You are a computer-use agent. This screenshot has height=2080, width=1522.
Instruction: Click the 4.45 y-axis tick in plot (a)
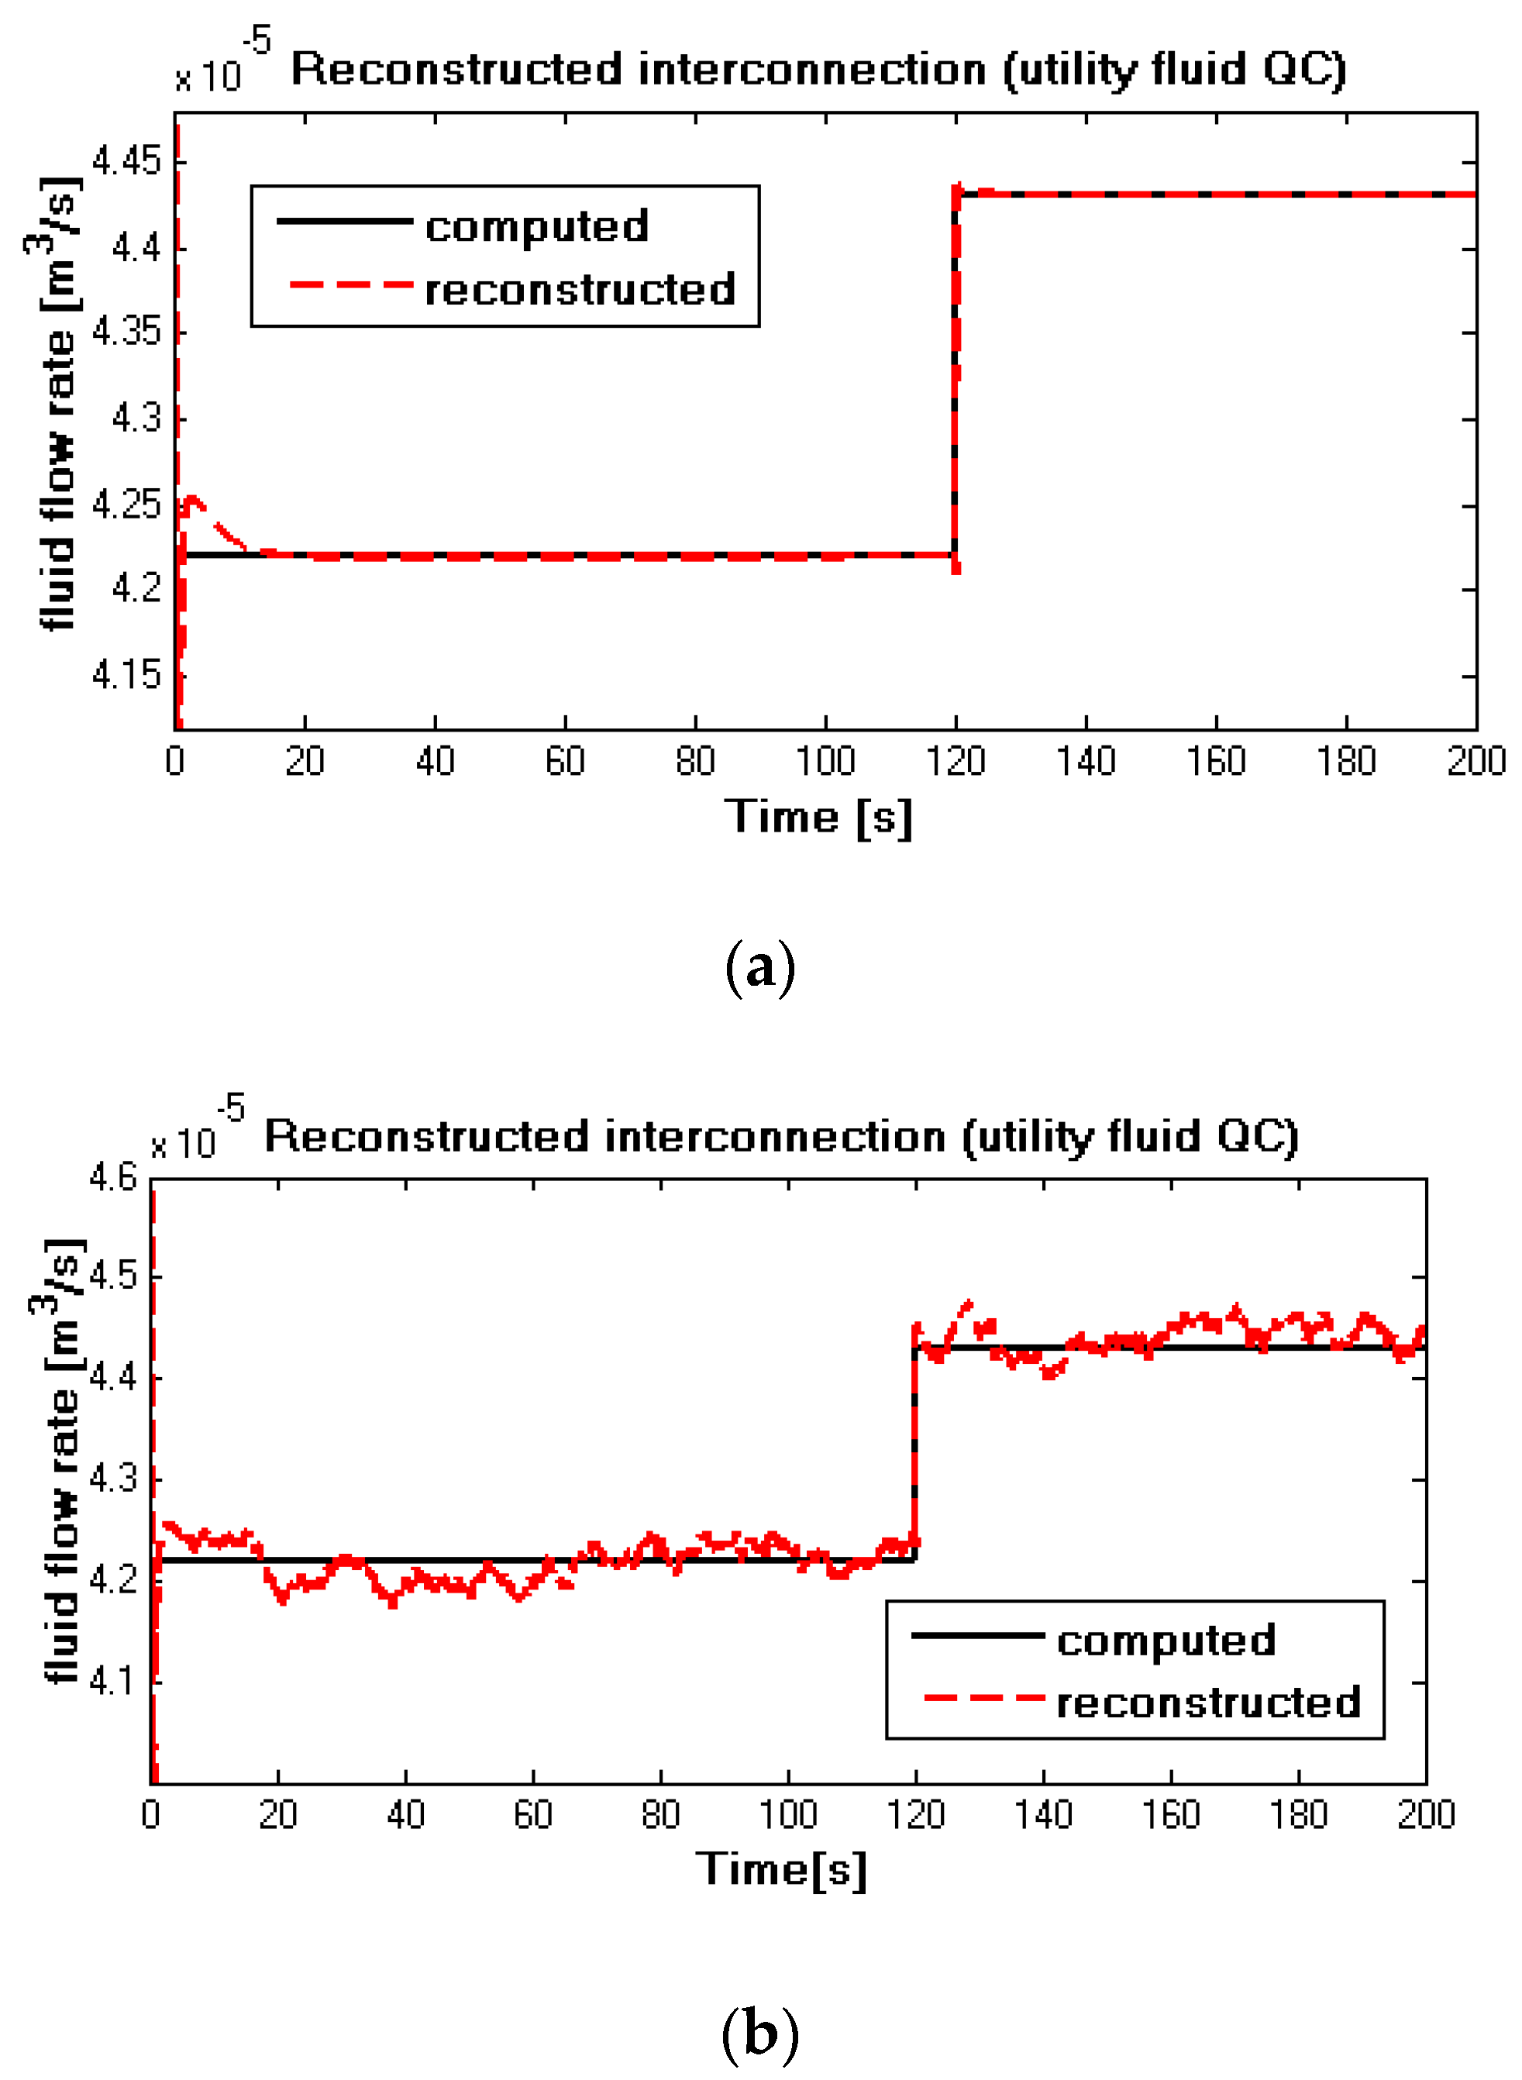[126, 163]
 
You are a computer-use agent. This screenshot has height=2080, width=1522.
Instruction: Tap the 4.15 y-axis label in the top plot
[126, 675]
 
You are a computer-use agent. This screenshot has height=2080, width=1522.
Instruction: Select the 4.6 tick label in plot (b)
[112, 1177]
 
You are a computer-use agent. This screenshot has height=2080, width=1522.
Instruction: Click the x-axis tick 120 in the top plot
[956, 762]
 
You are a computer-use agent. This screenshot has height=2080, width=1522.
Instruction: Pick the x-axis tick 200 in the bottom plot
[1425, 1815]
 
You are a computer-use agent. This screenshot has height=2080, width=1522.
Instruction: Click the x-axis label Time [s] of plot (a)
[818, 817]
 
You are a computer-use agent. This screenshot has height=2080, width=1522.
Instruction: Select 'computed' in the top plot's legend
[536, 226]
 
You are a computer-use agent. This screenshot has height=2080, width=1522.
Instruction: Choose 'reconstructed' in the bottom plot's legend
[1208, 1703]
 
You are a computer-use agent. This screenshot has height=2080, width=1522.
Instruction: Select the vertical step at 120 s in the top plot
[956, 368]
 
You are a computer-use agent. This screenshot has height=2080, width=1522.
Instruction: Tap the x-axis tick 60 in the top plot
[565, 762]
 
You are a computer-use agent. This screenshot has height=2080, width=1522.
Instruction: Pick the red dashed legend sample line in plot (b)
[983, 1698]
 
